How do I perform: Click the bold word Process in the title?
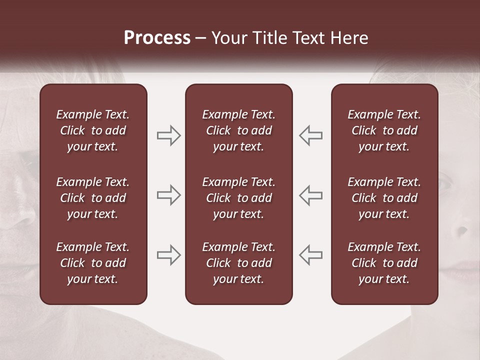point(157,38)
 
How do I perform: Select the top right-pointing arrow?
point(168,135)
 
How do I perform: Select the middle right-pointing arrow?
point(168,194)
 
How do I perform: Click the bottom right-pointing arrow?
point(168,254)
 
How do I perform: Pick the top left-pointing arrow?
point(310,135)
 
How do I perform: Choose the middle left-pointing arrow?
point(310,194)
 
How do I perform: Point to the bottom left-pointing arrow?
point(310,254)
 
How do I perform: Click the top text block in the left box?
point(93,130)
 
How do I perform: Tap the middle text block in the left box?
point(93,198)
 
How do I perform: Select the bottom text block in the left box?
point(93,263)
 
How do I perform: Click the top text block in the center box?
point(238,130)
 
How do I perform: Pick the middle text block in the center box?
point(238,198)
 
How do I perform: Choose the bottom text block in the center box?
point(238,263)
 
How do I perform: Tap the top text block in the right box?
point(384,130)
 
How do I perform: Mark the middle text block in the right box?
point(384,198)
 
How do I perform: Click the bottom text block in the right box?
point(384,263)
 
